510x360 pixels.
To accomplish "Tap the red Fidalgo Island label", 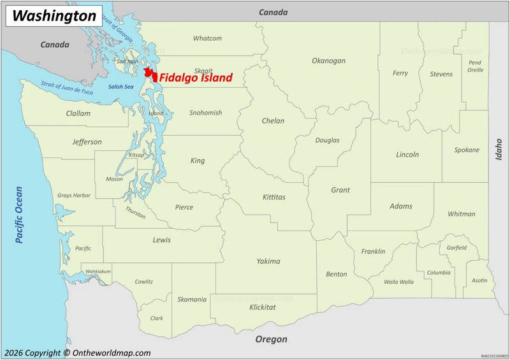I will click(x=196, y=78).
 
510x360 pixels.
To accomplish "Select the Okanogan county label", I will click(x=328, y=61).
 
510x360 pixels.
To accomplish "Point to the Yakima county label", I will click(x=268, y=261).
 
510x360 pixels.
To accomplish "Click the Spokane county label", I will click(x=467, y=150).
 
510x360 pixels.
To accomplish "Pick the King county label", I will click(x=198, y=161).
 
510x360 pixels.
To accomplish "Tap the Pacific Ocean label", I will click(x=19, y=214).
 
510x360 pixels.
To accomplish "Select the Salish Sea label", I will click(x=120, y=87).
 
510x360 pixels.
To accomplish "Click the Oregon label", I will click(x=271, y=339).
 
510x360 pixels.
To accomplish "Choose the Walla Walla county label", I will click(x=398, y=282).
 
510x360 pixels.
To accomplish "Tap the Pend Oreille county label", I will click(x=475, y=66).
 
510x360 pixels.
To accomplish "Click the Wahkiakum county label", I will click(x=98, y=271).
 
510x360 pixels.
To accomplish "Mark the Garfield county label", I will click(x=456, y=247).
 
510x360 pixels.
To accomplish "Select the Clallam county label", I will click(x=78, y=113).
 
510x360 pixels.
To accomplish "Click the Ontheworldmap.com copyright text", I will click(x=76, y=352).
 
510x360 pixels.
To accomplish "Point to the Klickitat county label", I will click(x=263, y=307).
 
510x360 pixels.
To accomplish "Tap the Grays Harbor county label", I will click(x=74, y=195).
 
